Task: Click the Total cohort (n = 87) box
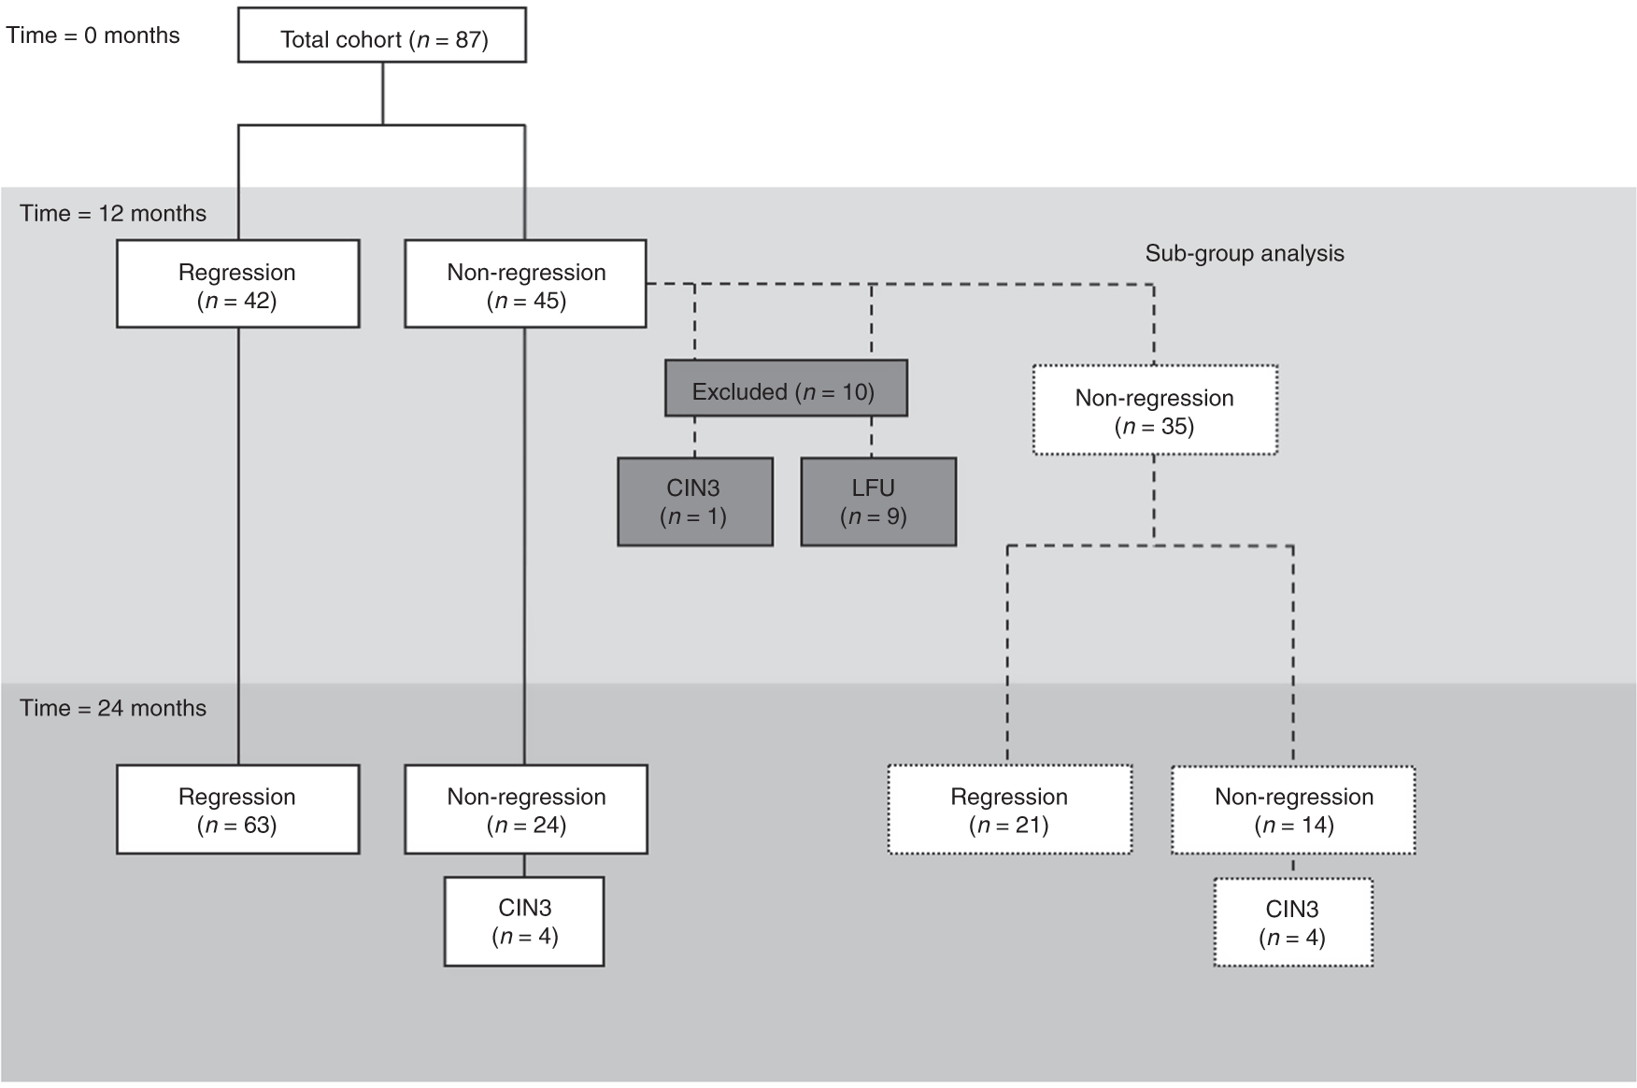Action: pos(382,35)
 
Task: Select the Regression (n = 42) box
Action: pos(237,284)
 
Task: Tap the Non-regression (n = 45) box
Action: pos(525,284)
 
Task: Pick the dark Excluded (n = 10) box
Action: pos(786,389)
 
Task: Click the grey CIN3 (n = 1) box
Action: pos(695,502)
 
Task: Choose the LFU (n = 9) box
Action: pos(878,502)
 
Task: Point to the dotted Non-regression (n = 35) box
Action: pos(1155,410)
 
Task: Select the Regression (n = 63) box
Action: pos(237,809)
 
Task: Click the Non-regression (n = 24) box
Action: pos(525,809)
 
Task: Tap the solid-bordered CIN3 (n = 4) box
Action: pos(524,921)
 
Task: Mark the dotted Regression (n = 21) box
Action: pos(1009,810)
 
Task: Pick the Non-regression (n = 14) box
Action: pos(1293,810)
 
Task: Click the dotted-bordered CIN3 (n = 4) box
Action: pos(1293,922)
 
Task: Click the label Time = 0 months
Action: pos(93,35)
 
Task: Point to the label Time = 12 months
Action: pos(113,214)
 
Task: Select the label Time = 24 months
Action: pos(113,708)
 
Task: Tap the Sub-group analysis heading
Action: pos(1245,253)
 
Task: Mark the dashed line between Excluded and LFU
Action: pos(872,436)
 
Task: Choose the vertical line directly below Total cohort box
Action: pos(383,93)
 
